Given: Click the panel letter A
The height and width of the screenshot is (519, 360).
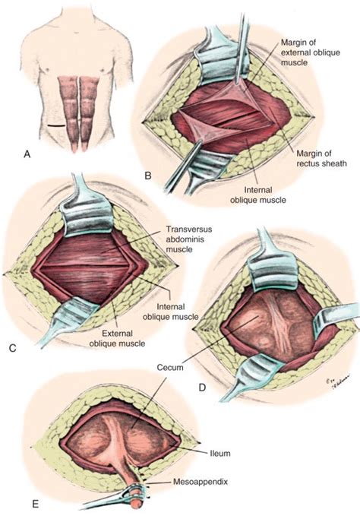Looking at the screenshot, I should coord(27,154).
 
